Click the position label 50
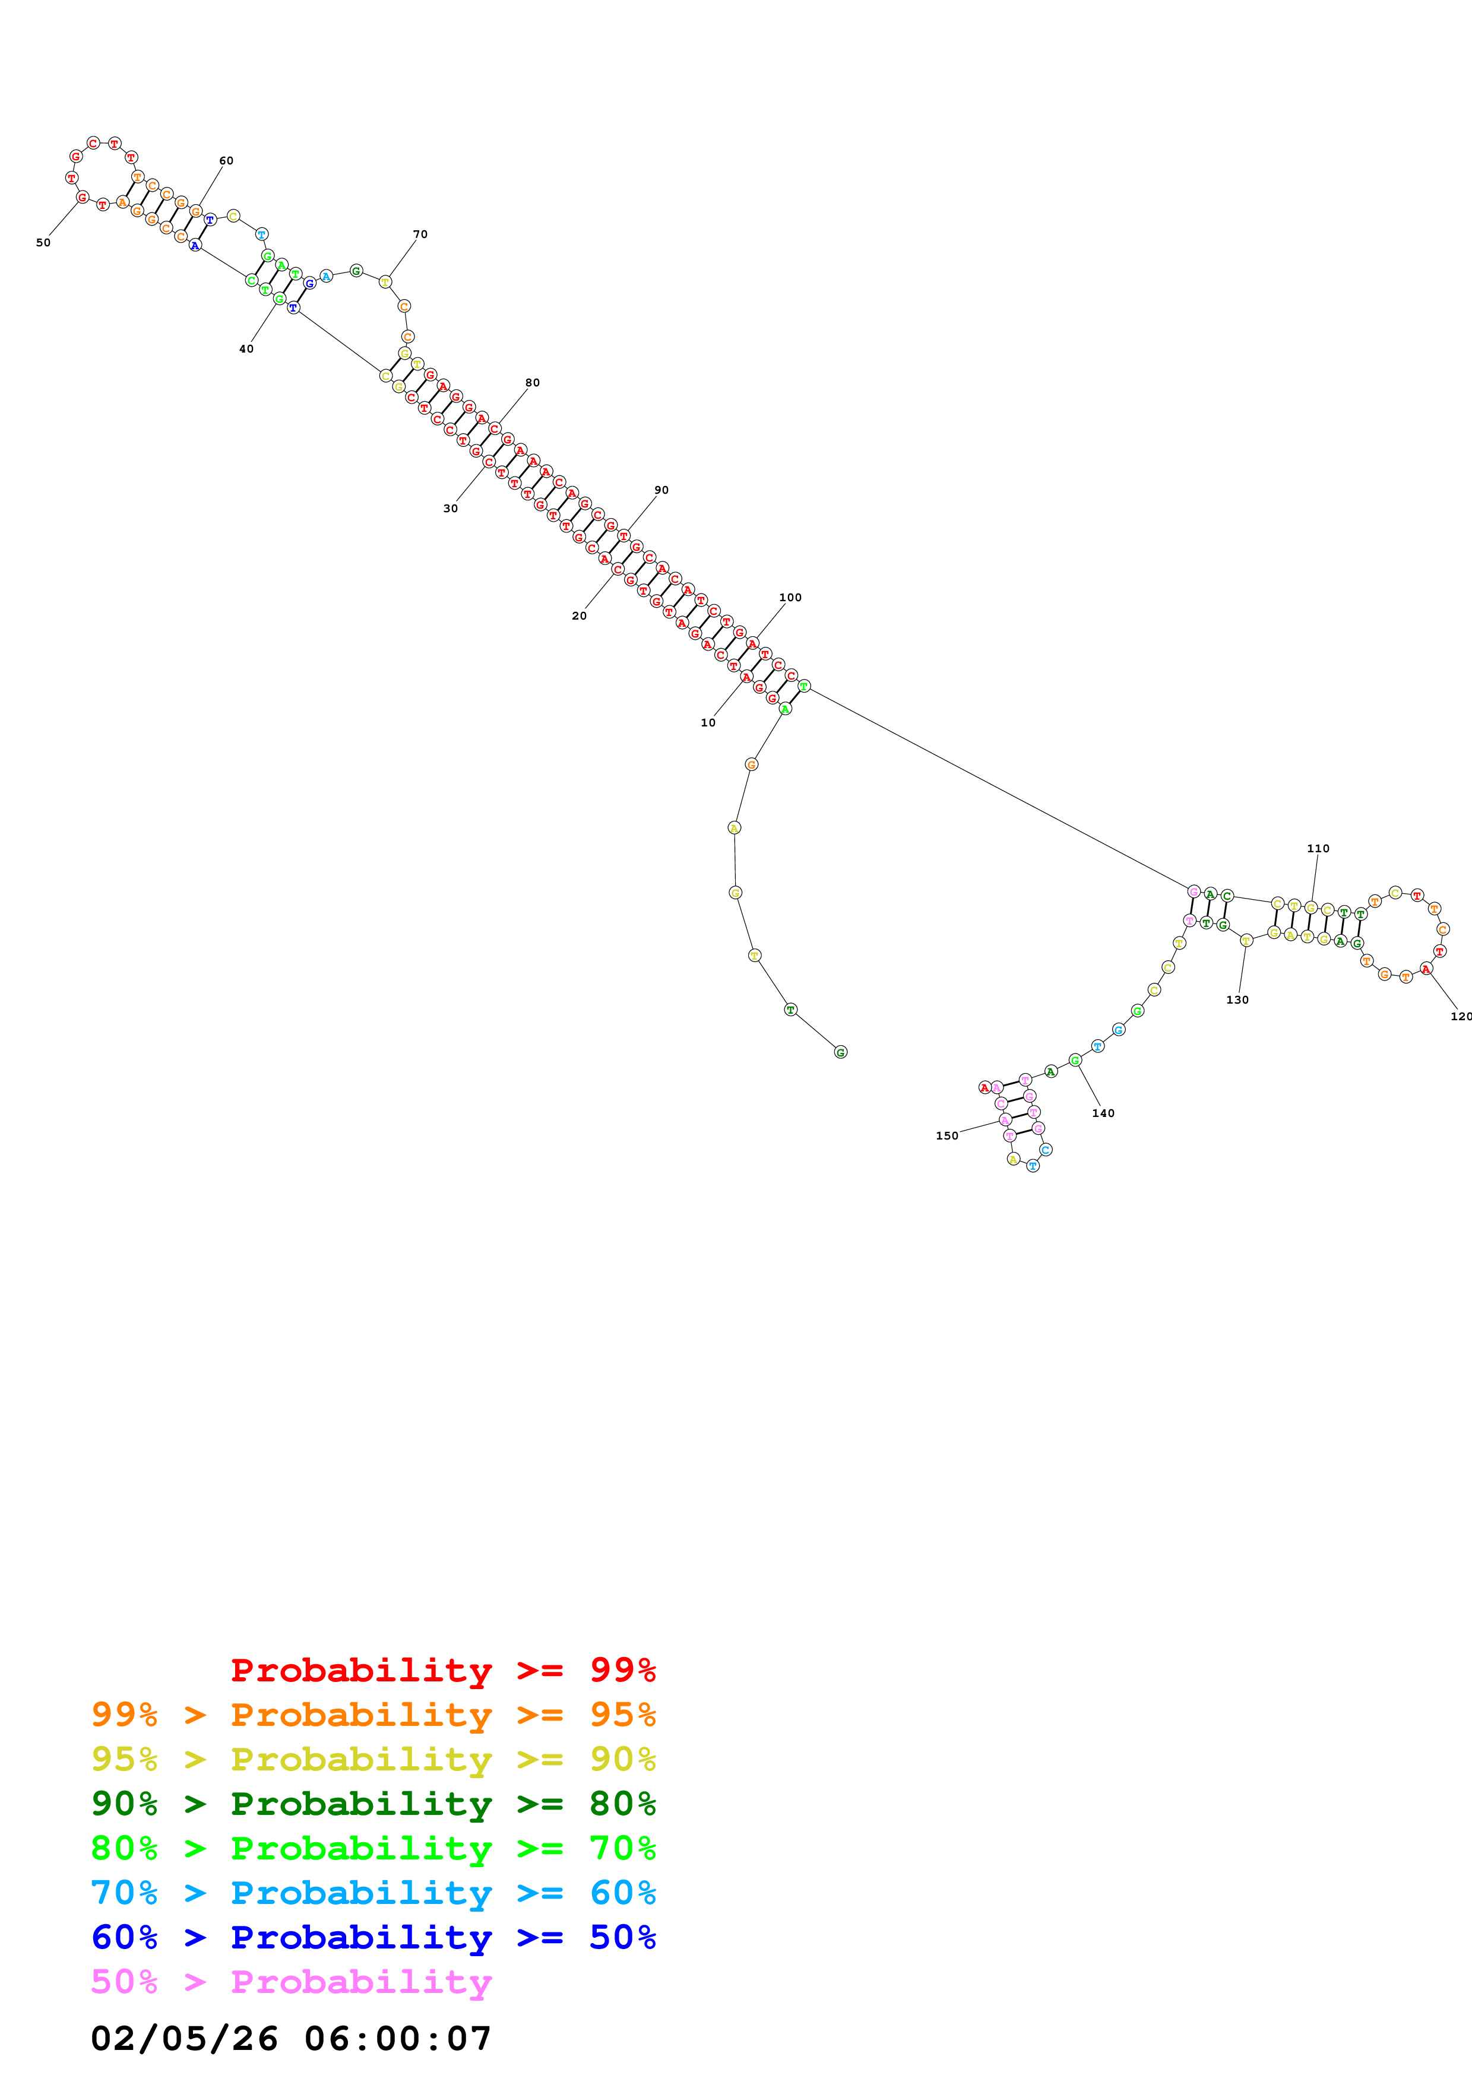click(43, 243)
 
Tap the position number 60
click(226, 160)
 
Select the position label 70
click(420, 234)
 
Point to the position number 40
click(246, 349)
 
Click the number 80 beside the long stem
click(533, 383)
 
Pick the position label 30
click(450, 509)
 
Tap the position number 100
click(790, 598)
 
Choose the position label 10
click(707, 723)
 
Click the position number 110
click(1318, 849)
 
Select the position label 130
click(1237, 1000)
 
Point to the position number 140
click(1103, 1113)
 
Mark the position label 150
click(947, 1135)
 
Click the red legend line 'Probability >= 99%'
click(444, 1670)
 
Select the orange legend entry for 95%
click(373, 1714)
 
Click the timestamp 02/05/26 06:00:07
click(291, 2039)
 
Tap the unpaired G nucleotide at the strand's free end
click(841, 1052)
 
